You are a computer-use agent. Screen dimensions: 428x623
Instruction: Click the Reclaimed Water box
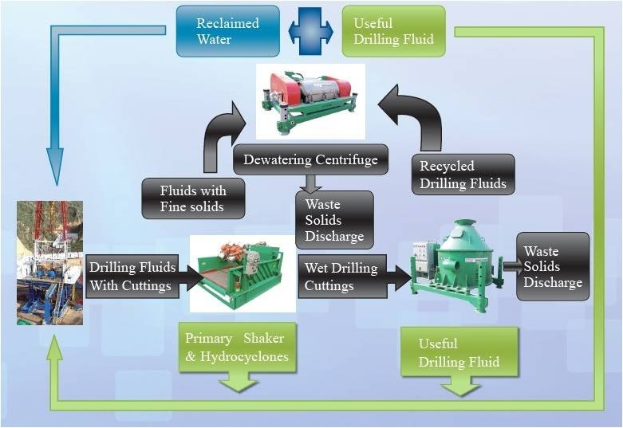pos(227,31)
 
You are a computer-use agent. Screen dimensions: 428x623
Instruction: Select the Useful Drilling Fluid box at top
pos(392,31)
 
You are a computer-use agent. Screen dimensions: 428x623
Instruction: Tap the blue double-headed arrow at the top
pos(311,31)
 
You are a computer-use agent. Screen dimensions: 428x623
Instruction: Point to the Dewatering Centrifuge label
pos(311,159)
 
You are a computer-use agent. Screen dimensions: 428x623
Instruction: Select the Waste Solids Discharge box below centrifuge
pos(334,220)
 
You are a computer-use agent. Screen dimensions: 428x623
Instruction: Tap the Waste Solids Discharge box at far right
pos(553,266)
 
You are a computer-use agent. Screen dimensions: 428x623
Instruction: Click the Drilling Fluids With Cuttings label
pos(132,277)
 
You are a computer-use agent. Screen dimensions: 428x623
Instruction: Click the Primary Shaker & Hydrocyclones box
pos(236,348)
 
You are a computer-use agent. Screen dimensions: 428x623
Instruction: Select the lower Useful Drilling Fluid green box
pos(459,352)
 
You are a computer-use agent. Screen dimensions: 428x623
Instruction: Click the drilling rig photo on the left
pos(49,264)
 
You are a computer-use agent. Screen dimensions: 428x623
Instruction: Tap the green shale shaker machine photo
pos(242,273)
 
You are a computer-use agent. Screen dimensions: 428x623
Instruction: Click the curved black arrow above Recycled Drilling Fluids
pos(411,116)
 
